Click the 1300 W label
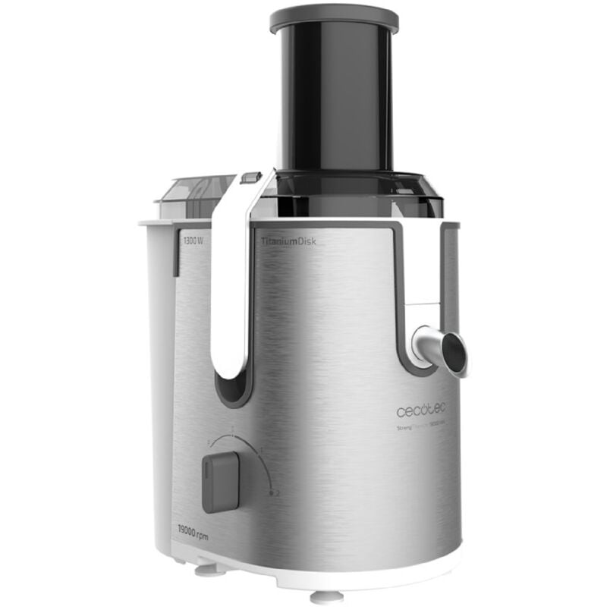tap(193, 241)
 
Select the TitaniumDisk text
tap(288, 241)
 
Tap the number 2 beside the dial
tap(278, 494)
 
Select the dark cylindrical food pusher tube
tap(334, 99)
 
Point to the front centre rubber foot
tap(326, 596)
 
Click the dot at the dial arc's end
tap(270, 492)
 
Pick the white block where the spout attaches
tap(422, 319)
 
